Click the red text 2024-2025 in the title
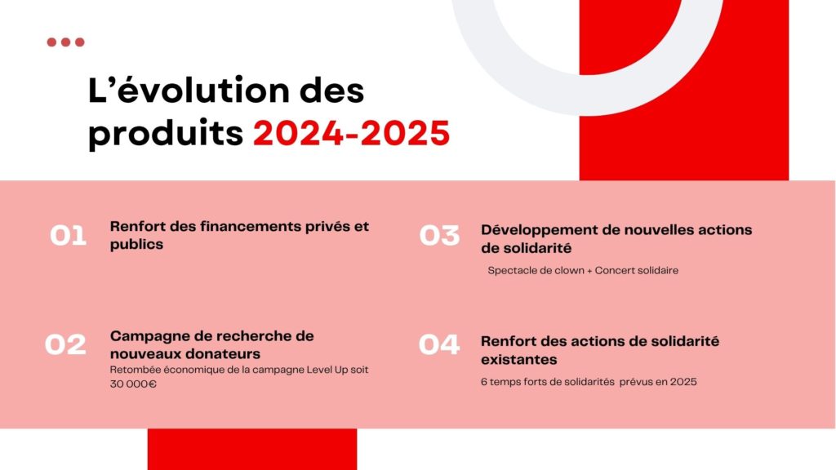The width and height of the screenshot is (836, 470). coord(351,133)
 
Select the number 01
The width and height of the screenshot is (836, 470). coord(69,236)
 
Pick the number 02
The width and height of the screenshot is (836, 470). coord(65,344)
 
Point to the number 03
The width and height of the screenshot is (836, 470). coord(439,236)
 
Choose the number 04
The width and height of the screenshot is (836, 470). coord(438,344)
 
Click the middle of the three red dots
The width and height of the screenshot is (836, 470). coord(65,42)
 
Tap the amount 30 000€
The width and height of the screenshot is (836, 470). coord(133,384)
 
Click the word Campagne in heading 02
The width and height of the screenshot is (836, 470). coord(140,337)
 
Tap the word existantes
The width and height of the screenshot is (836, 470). coord(518,360)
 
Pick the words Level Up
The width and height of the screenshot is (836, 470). coord(327,370)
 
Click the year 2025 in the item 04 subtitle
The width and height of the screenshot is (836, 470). coord(683,382)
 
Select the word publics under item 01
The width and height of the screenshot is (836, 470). coord(136,245)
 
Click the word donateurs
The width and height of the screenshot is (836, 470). coord(230,354)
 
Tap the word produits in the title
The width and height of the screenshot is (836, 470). coord(165,134)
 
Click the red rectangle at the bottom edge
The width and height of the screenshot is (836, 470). coord(252,450)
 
